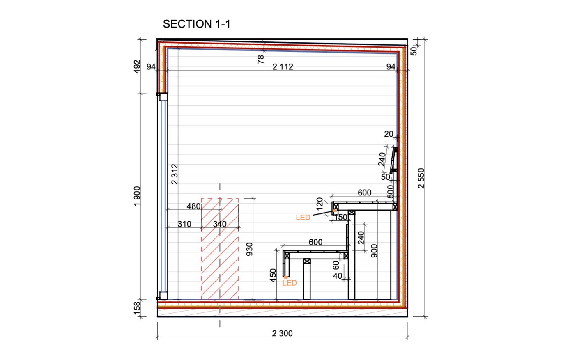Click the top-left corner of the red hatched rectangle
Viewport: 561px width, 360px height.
201,199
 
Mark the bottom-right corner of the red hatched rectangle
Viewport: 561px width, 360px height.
239,300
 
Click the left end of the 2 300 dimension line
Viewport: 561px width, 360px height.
157,337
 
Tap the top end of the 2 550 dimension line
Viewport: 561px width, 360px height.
425,39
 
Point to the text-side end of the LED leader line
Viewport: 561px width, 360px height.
313,215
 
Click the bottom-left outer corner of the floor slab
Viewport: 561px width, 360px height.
157,317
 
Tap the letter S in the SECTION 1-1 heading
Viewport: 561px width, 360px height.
166,24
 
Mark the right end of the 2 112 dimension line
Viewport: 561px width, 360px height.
397,70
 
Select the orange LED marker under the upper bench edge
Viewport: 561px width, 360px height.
335,211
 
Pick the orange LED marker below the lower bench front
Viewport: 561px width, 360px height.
286,277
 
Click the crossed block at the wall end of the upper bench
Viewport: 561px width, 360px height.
395,207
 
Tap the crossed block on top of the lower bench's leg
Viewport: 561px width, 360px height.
307,261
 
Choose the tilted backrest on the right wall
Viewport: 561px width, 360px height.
393,160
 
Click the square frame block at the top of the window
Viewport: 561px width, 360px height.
163,97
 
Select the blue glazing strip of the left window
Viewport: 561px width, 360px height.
163,196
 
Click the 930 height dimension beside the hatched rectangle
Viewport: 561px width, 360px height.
249,249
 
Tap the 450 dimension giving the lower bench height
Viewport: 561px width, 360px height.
273,275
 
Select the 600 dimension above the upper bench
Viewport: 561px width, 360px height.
364,193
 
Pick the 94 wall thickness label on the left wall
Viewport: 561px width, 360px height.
151,67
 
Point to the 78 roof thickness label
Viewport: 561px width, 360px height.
261,60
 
